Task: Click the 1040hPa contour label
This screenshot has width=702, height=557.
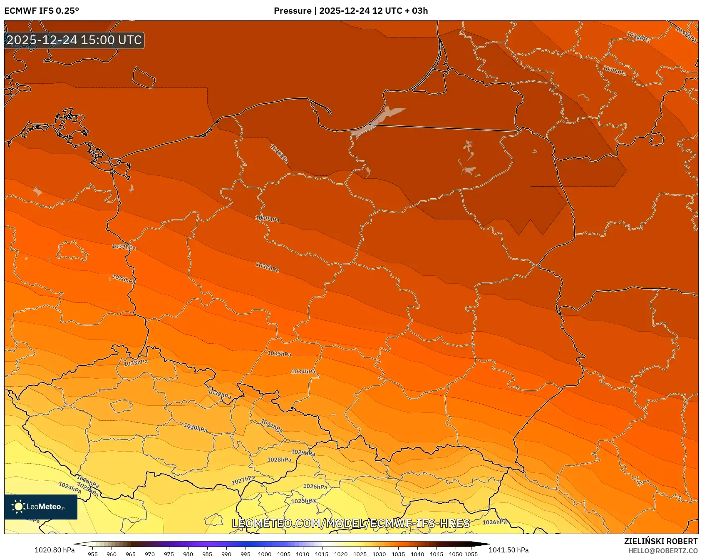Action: click(x=279, y=153)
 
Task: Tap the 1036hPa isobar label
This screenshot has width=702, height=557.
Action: click(x=124, y=279)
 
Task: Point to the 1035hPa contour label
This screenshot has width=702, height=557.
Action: click(x=279, y=354)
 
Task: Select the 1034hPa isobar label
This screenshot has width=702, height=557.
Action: click(x=303, y=371)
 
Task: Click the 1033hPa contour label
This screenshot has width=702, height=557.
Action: click(x=136, y=363)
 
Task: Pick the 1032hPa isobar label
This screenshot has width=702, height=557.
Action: click(x=219, y=394)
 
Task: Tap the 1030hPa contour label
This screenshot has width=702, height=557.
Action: click(x=196, y=428)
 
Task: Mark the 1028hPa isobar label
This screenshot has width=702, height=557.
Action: click(x=279, y=460)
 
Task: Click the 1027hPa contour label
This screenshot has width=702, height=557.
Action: click(x=243, y=480)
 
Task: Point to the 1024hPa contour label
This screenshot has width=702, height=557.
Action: click(x=69, y=487)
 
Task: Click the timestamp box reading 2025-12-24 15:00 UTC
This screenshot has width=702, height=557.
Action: click(x=74, y=40)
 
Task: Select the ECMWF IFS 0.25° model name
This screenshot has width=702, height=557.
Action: click(x=42, y=11)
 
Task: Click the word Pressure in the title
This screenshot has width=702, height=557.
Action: click(x=292, y=11)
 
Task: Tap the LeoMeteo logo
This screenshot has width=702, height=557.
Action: click(x=41, y=507)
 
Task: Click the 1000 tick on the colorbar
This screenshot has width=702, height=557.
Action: click(x=265, y=554)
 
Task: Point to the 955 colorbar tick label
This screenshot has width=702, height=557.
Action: click(x=93, y=554)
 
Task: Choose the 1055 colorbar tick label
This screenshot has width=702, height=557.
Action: click(x=471, y=554)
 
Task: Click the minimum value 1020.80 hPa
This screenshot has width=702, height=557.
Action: click(x=55, y=550)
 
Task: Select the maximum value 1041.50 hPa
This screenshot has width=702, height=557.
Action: click(x=509, y=550)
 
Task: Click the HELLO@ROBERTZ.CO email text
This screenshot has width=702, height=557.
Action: click(x=662, y=551)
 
